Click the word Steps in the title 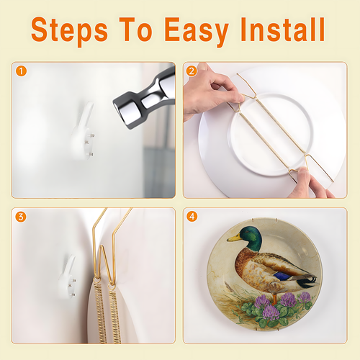tap(69, 30)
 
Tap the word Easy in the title tap(197, 31)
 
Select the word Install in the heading tap(283, 30)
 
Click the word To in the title tap(136, 30)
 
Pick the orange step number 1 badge tap(21, 71)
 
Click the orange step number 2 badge tap(192, 71)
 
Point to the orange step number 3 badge tap(21, 217)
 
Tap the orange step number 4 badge tap(192, 217)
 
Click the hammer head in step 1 tap(144, 98)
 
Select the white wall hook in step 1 tap(83, 132)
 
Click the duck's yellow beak tap(234, 238)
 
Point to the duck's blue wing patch tap(283, 276)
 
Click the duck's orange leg tap(275, 300)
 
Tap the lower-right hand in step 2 tap(310, 184)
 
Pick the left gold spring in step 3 tap(99, 312)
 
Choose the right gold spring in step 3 tap(114, 315)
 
